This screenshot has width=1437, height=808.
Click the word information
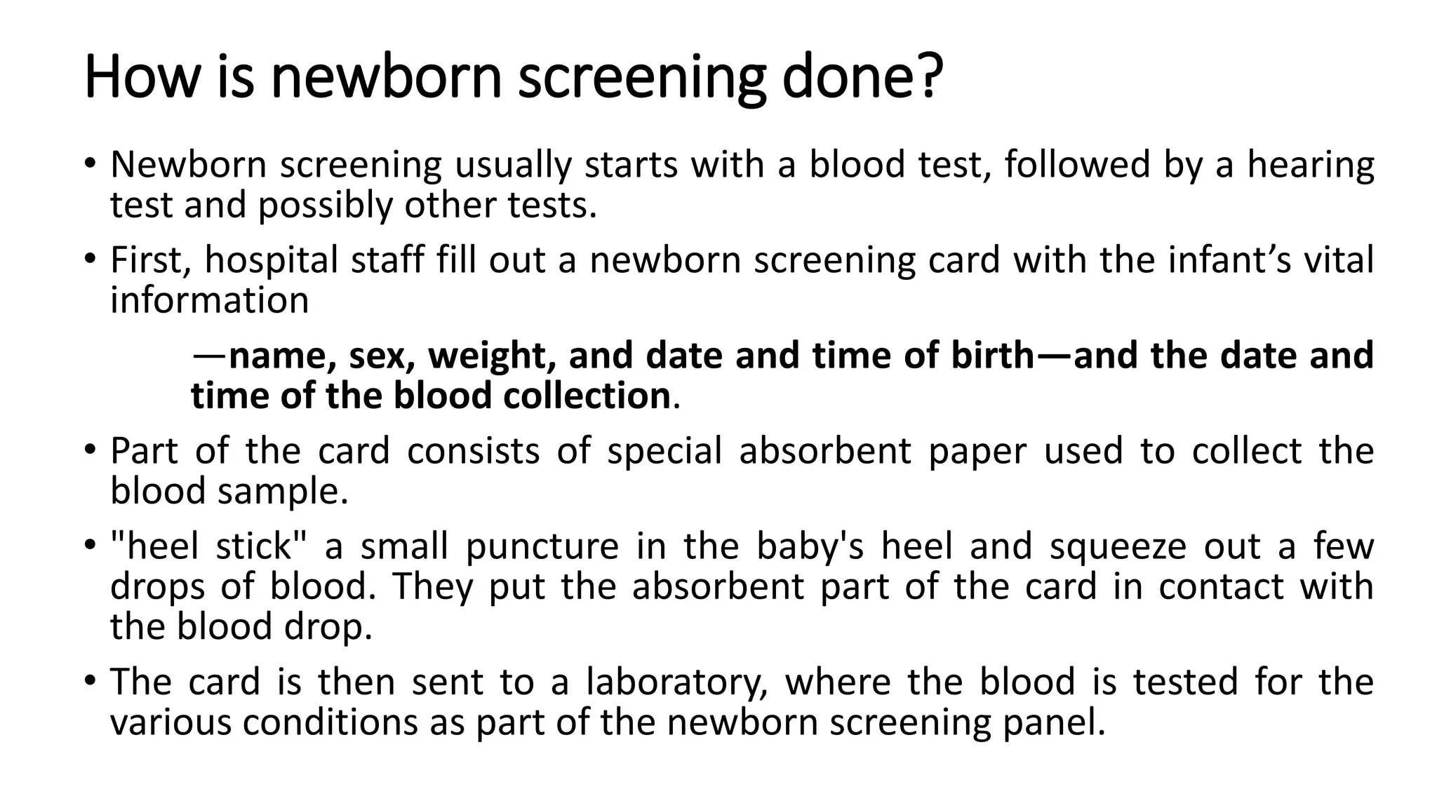(209, 300)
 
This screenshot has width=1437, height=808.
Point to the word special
(664, 450)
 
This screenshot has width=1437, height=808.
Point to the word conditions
(330, 722)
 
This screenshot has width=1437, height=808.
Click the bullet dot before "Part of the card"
(89, 449)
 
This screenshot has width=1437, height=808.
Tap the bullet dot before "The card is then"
(89, 681)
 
